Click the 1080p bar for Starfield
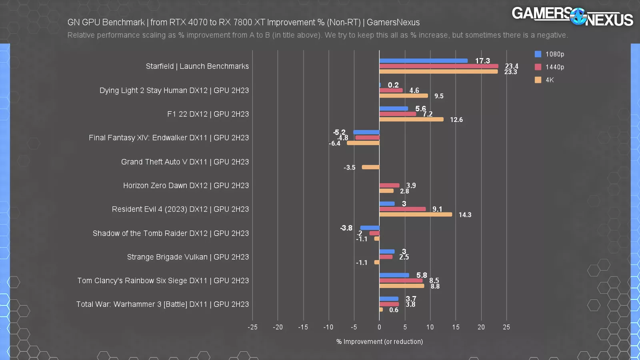tap(423, 61)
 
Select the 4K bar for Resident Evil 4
tap(416, 214)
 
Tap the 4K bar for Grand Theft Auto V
tap(370, 167)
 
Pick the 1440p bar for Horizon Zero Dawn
tap(389, 185)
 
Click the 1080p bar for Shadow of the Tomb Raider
tap(370, 228)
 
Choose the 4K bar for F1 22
tap(411, 119)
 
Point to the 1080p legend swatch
tap(538, 54)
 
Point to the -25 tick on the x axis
tap(252, 327)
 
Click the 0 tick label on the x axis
tap(379, 327)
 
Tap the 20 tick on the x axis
tap(481, 327)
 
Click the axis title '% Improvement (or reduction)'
tap(379, 342)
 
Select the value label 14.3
tap(465, 215)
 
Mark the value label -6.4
tap(334, 143)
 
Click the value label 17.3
tap(482, 61)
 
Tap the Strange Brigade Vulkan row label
tap(188, 257)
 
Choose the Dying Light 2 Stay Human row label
tap(174, 90)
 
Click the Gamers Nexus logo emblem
tap(578, 17)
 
